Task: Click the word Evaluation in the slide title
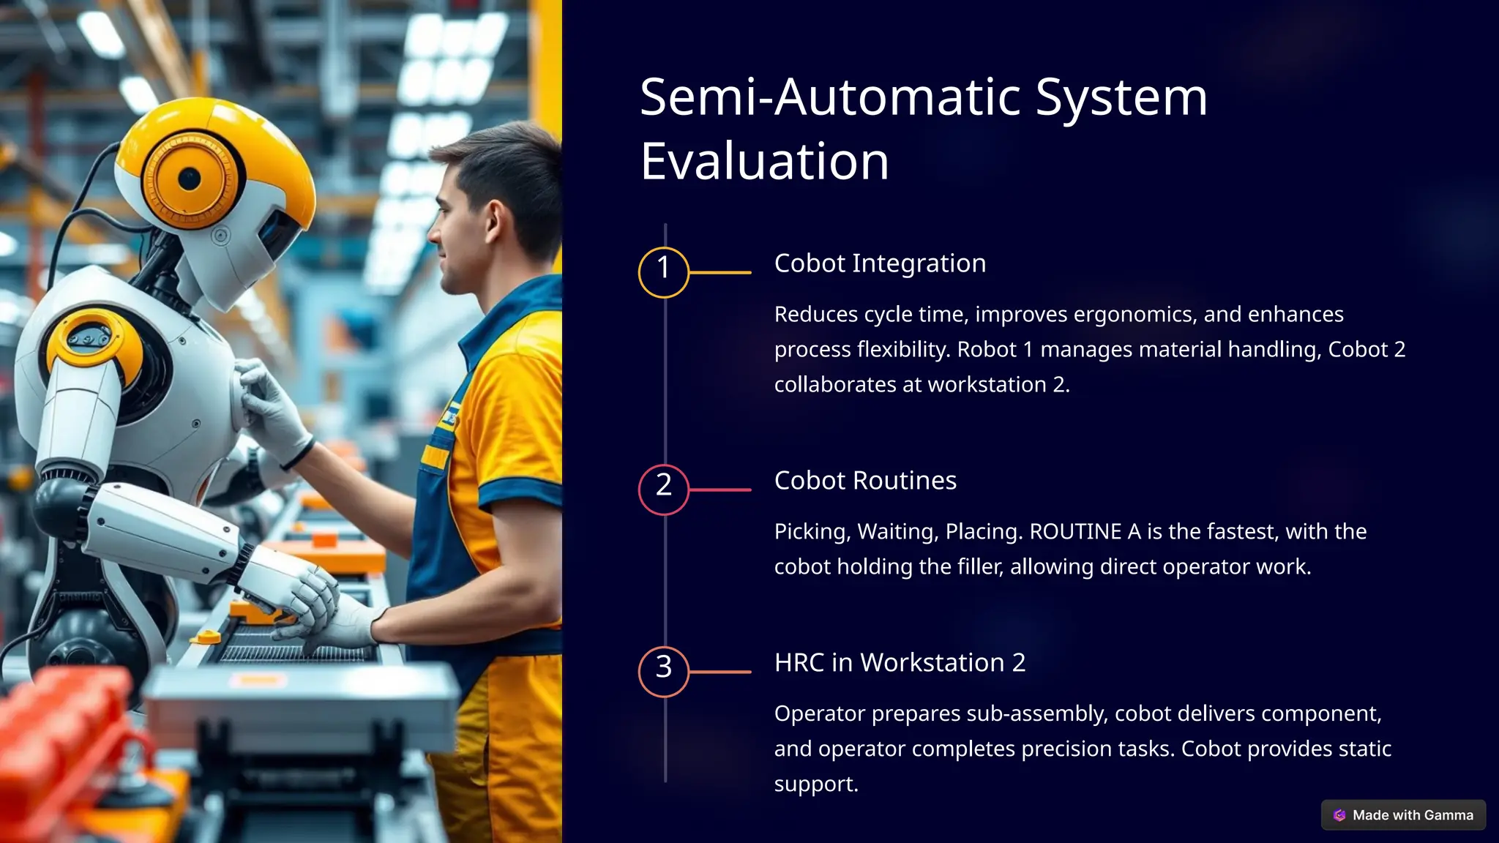coord(764,161)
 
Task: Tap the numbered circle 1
coord(664,272)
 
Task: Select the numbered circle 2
coord(664,490)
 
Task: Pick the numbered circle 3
coord(664,672)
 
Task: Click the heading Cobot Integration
coord(880,263)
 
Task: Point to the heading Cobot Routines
coord(865,481)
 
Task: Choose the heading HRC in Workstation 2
coord(900,662)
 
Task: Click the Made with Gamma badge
coord(1403,815)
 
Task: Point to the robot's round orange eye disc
coord(190,179)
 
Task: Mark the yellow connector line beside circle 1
coord(720,272)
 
